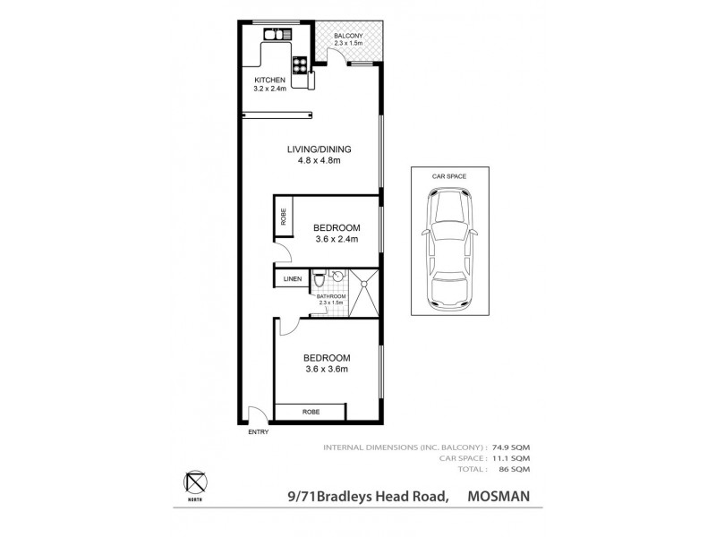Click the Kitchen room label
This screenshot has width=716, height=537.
[x=269, y=80]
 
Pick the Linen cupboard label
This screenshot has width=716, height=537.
[x=293, y=279]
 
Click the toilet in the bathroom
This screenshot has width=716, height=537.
[x=320, y=279]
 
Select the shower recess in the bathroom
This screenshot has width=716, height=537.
[x=363, y=293]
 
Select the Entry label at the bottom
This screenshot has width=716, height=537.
[x=258, y=433]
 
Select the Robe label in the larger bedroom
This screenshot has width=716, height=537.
[x=311, y=412]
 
